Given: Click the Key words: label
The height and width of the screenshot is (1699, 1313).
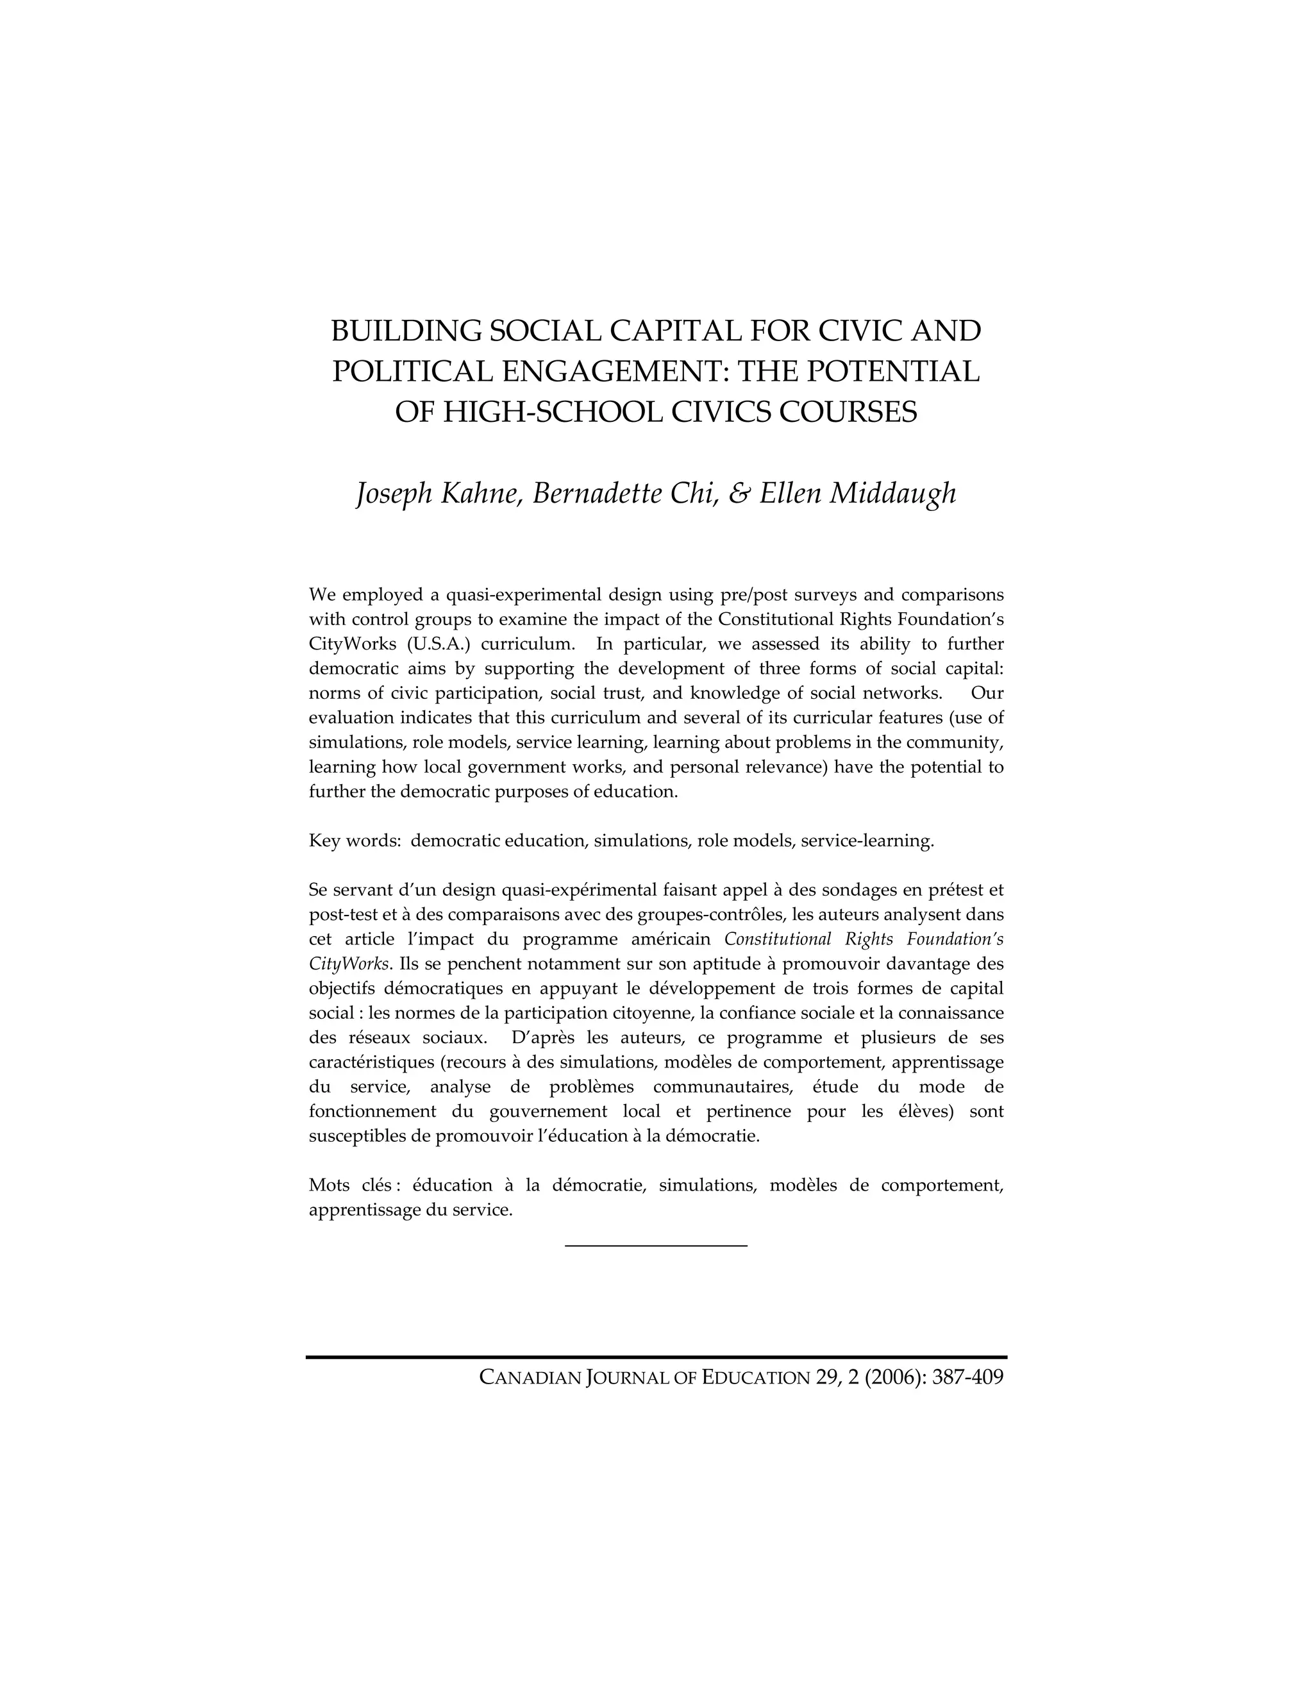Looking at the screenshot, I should pyautogui.click(x=355, y=841).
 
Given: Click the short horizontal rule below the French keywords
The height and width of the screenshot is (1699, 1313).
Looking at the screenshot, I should pyautogui.click(x=656, y=1246).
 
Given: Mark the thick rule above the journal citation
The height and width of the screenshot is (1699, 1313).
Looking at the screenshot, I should pyautogui.click(x=656, y=1357).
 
